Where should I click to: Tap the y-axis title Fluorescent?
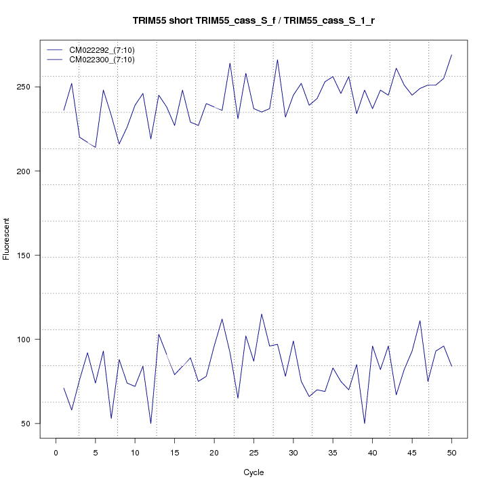pos(7,239)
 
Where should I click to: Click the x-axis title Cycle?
pos(253,472)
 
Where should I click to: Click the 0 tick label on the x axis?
pos(56,452)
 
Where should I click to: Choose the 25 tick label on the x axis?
pos(253,452)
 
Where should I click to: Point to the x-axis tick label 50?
pos(451,452)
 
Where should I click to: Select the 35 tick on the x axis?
pos(333,452)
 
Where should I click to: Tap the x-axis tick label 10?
pos(135,452)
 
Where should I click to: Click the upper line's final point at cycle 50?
pos(451,55)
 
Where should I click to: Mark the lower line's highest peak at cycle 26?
pos(262,314)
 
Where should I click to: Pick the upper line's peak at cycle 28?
pos(277,60)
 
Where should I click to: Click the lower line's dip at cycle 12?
pos(150,424)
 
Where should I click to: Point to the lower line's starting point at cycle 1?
pos(64,388)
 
